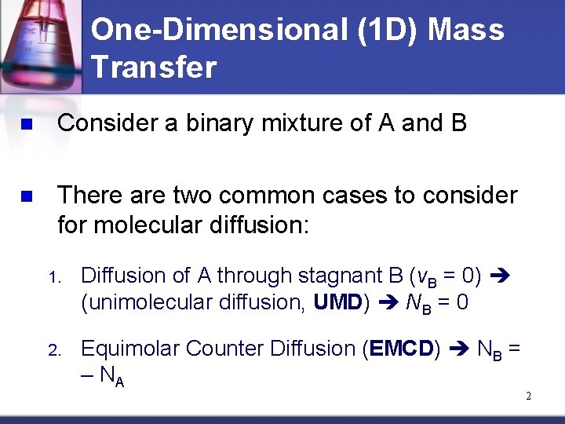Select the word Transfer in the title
(x=153, y=68)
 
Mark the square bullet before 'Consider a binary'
(x=26, y=125)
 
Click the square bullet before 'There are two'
(x=26, y=196)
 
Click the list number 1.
(x=53, y=277)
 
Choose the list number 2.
(x=53, y=349)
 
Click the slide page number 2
(x=528, y=397)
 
